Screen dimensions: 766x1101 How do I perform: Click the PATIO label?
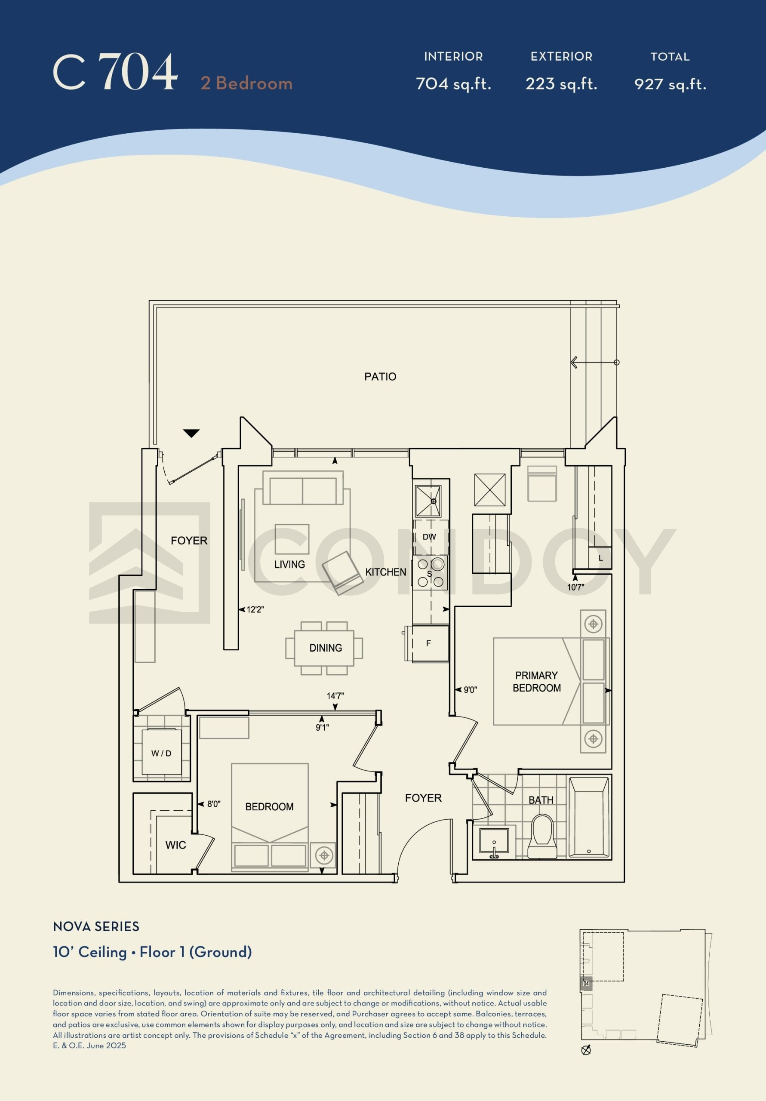[x=380, y=376]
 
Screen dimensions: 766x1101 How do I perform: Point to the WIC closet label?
[x=175, y=845]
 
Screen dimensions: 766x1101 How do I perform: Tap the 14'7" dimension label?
[x=335, y=695]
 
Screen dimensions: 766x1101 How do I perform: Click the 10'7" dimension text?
[x=575, y=587]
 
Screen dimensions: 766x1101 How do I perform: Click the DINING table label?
[x=326, y=648]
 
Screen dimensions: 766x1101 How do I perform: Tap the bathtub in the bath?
[x=588, y=817]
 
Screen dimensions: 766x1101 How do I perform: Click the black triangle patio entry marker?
[x=191, y=434]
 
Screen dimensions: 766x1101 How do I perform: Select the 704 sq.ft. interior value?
[x=453, y=84]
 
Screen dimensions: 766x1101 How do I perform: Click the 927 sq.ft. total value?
[x=670, y=84]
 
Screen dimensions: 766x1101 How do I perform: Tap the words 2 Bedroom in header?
[x=246, y=83]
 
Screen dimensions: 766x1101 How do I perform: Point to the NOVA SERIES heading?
[x=96, y=926]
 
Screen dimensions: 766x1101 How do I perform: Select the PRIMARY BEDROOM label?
[x=537, y=681]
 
